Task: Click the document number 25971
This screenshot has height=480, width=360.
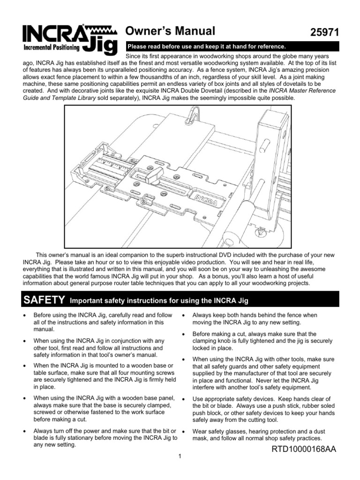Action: tap(324, 33)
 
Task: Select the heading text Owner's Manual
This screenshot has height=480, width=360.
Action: tap(171, 31)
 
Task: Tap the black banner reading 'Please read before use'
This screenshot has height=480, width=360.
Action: tap(206, 47)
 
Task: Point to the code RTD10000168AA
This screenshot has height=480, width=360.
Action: tap(304, 450)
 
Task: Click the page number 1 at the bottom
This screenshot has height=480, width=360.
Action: tap(180, 457)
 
